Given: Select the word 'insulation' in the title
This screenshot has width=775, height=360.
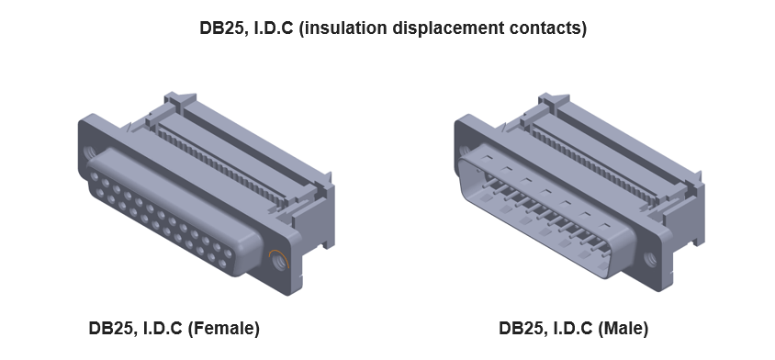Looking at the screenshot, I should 343,28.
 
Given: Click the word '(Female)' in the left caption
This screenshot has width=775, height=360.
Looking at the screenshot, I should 223,328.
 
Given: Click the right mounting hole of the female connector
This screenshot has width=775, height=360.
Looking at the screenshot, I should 276,260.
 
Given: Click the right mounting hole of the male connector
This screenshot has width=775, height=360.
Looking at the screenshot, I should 653,260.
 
